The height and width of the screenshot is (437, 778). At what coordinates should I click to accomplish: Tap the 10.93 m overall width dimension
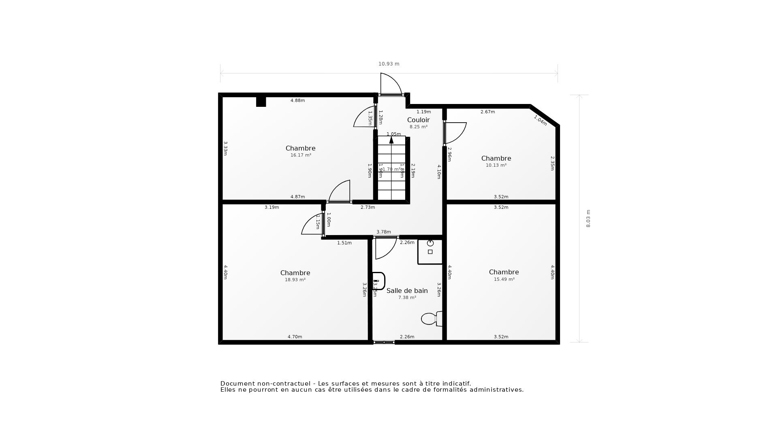click(x=389, y=64)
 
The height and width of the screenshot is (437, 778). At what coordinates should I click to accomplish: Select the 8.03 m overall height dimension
click(x=588, y=218)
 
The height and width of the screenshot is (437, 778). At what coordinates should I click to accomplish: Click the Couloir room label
click(x=418, y=120)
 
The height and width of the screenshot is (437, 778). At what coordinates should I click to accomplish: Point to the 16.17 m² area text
click(x=301, y=155)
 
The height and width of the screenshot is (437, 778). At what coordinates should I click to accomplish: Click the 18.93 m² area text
click(x=295, y=280)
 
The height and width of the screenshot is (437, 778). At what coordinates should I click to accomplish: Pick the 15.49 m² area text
click(x=504, y=280)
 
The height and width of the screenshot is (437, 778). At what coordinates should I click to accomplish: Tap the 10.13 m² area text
click(x=496, y=165)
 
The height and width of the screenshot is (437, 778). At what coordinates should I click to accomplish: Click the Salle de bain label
click(x=407, y=291)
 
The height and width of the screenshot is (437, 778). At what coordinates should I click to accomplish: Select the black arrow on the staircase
click(x=391, y=140)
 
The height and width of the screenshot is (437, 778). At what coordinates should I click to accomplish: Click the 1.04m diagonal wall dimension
click(x=540, y=120)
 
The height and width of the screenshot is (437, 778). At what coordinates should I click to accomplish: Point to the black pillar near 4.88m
click(x=261, y=101)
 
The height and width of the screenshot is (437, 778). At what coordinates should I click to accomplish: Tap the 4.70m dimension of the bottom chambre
click(x=295, y=337)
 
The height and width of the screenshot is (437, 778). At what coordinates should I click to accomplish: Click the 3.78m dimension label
click(x=383, y=232)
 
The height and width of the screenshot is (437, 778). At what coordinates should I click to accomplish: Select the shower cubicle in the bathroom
click(x=430, y=252)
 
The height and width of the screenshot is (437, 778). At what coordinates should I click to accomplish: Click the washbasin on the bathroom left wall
click(x=378, y=281)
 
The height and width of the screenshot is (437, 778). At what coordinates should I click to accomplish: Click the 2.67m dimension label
click(x=487, y=112)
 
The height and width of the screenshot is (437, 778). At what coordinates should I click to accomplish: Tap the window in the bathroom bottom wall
click(x=384, y=342)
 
